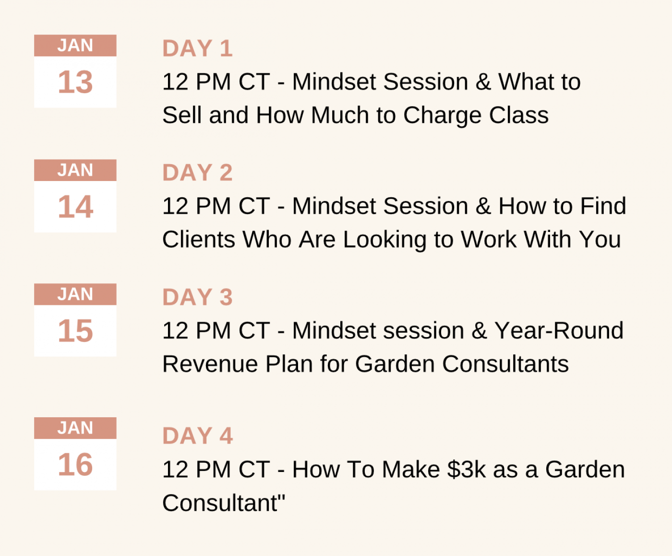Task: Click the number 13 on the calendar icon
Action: (75, 82)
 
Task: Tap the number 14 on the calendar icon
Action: (75, 206)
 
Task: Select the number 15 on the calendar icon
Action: (75, 331)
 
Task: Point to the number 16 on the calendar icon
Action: (75, 464)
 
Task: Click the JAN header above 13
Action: (75, 45)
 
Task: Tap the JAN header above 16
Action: (75, 428)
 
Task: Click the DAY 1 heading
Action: (197, 48)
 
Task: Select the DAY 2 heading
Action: (197, 172)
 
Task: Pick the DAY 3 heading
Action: (197, 297)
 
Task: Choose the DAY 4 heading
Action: (197, 435)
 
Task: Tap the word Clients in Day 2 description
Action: (199, 240)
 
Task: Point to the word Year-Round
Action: (559, 331)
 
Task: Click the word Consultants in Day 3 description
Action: (505, 364)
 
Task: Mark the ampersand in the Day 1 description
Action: (483, 82)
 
